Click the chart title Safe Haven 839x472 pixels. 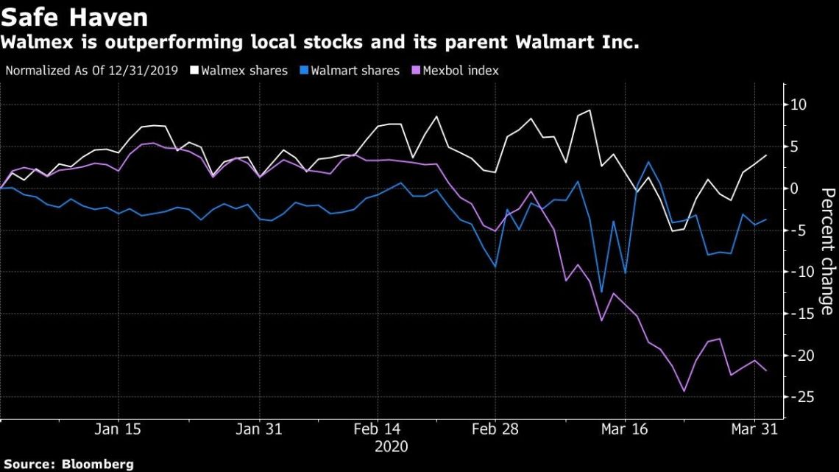(74, 16)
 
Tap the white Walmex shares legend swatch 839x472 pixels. (194, 71)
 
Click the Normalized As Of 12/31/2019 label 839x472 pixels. (91, 71)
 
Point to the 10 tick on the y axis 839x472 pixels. (799, 105)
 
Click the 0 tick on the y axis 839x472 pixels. (795, 189)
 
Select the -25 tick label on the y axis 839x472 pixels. (799, 397)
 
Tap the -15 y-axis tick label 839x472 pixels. (799, 314)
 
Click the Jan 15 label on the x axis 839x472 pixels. (118, 429)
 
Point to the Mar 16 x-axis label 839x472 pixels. (625, 429)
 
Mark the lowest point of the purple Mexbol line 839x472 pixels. (684, 391)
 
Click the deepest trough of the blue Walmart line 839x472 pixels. (601, 292)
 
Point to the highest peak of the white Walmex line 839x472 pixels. (590, 110)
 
